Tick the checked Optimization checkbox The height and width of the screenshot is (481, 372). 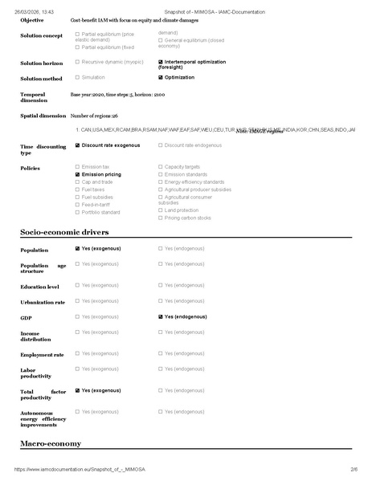[x=161, y=78]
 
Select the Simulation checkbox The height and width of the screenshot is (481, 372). [x=77, y=78]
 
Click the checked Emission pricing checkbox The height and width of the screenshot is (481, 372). [x=77, y=174]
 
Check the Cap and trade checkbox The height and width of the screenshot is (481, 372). [x=77, y=181]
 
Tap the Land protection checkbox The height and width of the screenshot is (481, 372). [x=161, y=210]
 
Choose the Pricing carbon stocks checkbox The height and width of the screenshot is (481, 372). [x=161, y=218]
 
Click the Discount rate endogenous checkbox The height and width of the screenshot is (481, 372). [x=161, y=145]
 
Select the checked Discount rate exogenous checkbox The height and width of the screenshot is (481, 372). [x=77, y=145]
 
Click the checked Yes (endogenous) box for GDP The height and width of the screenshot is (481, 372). [x=161, y=317]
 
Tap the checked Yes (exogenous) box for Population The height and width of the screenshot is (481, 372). [x=77, y=249]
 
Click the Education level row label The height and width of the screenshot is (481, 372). [x=39, y=287]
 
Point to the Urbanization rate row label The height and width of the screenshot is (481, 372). [x=43, y=303]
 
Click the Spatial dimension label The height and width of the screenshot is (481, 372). [x=43, y=116]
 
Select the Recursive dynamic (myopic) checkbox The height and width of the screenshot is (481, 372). [x=77, y=62]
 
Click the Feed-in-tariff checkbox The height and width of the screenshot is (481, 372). [x=77, y=205]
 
